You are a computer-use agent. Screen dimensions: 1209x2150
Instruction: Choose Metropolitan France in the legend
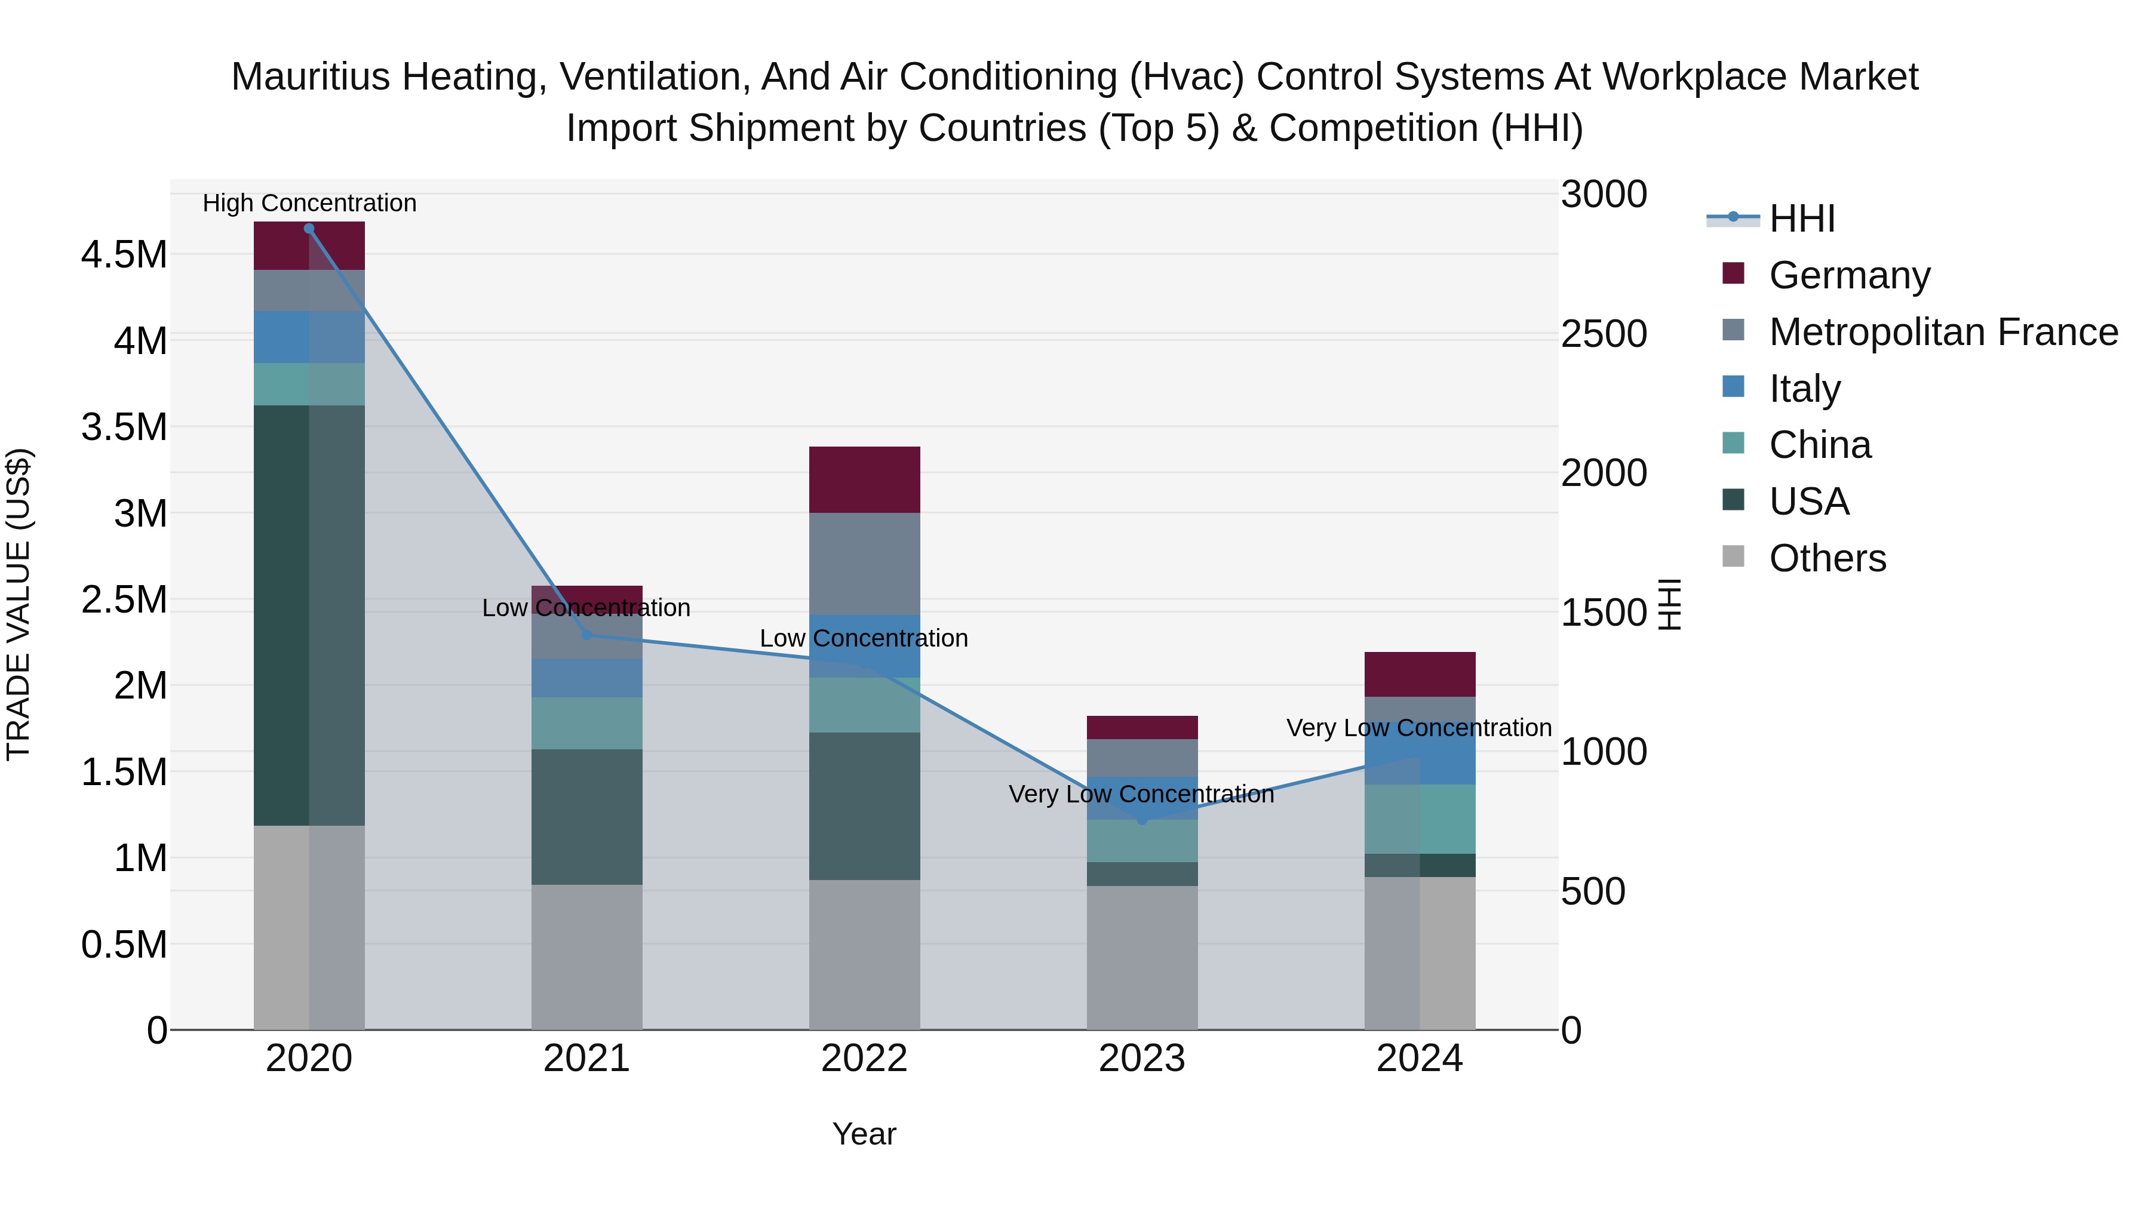(x=1942, y=332)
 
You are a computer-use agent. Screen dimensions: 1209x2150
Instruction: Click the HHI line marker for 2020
(x=309, y=229)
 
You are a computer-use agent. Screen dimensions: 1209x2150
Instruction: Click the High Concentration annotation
(x=309, y=203)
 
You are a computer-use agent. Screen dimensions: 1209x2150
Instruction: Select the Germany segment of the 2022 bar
(x=864, y=480)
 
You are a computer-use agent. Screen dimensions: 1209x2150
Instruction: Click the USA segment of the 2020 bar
(x=309, y=615)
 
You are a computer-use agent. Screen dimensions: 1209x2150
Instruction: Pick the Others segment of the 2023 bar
(x=1142, y=957)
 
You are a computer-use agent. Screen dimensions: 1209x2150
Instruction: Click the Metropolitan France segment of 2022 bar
(x=864, y=564)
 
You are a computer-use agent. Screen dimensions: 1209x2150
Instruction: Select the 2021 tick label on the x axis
(x=586, y=1059)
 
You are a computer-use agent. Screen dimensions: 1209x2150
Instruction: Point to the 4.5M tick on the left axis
(x=124, y=254)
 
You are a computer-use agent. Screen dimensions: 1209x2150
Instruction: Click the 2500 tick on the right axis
(x=1604, y=334)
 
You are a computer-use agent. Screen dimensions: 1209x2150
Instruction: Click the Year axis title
(x=864, y=1134)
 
